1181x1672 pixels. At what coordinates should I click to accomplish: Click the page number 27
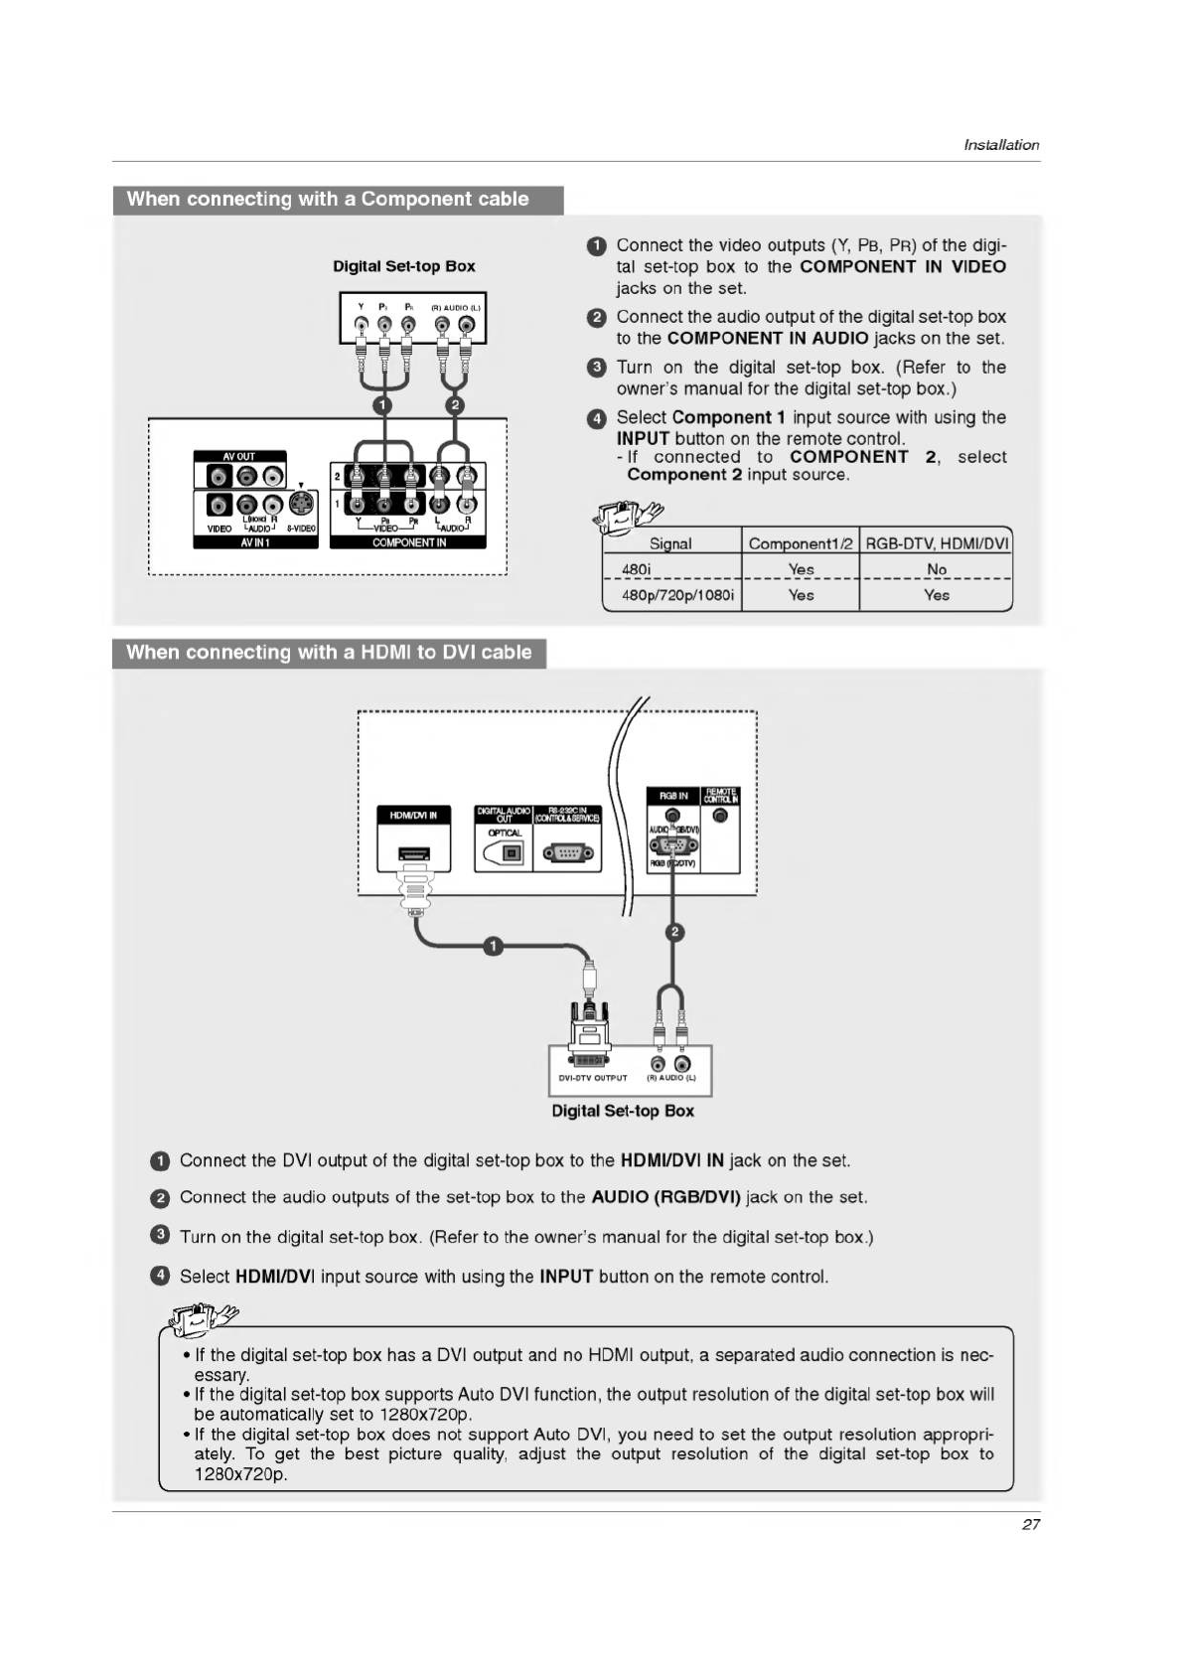[1030, 1524]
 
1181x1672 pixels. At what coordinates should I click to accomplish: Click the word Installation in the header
[1001, 145]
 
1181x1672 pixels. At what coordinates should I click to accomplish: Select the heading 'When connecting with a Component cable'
[328, 199]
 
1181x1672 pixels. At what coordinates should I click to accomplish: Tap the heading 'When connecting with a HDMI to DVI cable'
[329, 653]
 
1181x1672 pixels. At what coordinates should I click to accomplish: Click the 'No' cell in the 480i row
[936, 569]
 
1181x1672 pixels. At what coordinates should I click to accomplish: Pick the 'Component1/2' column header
[801, 543]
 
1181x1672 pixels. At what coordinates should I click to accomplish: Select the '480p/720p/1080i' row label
[677, 595]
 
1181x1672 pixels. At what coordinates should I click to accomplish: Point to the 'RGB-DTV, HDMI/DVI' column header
[937, 543]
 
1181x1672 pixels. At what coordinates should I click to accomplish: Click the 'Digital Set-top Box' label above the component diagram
[403, 266]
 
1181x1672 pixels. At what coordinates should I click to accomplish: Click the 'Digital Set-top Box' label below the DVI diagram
[623, 1111]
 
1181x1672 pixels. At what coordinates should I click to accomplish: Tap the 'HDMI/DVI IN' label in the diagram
[413, 815]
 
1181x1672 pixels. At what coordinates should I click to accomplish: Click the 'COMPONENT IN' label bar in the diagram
[408, 542]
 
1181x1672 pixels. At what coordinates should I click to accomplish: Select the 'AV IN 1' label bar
[255, 542]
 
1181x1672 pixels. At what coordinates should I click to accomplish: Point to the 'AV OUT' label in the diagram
[239, 457]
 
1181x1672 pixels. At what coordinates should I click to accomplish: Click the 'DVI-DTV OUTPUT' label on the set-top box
[593, 1077]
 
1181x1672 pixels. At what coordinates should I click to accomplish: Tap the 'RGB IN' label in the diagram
[673, 796]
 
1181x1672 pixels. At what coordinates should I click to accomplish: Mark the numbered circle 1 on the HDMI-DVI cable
[493, 945]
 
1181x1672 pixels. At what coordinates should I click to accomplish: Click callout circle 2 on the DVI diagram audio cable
[674, 932]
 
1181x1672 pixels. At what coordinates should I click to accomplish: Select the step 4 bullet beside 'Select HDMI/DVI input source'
[160, 1276]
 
